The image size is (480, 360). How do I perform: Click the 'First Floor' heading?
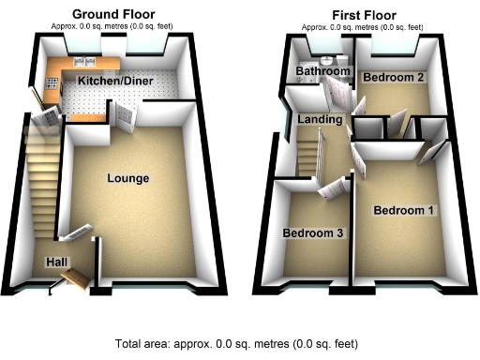click(x=363, y=15)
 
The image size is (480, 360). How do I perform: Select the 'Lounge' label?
click(x=128, y=178)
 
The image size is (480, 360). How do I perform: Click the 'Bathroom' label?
click(x=316, y=71)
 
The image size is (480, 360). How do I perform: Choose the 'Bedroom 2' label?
click(x=395, y=76)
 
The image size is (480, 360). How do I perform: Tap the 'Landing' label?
click(x=315, y=120)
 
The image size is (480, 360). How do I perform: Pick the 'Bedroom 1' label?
click(x=404, y=210)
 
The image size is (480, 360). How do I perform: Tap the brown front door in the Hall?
click(x=77, y=278)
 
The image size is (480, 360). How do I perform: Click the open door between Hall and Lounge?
click(x=77, y=231)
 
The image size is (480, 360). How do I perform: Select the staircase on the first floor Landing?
click(x=310, y=156)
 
